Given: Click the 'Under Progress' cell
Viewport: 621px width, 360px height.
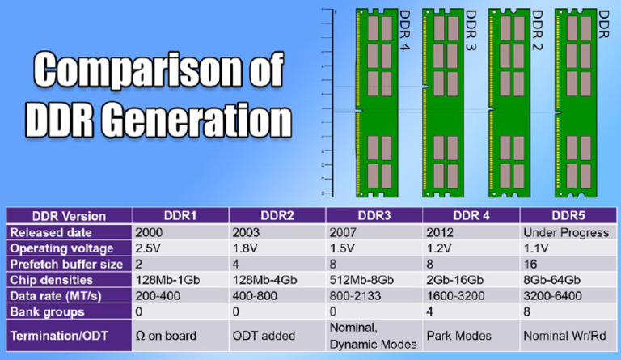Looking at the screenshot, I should (565, 233).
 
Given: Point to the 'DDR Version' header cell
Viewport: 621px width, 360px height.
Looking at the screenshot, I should (68, 216).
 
